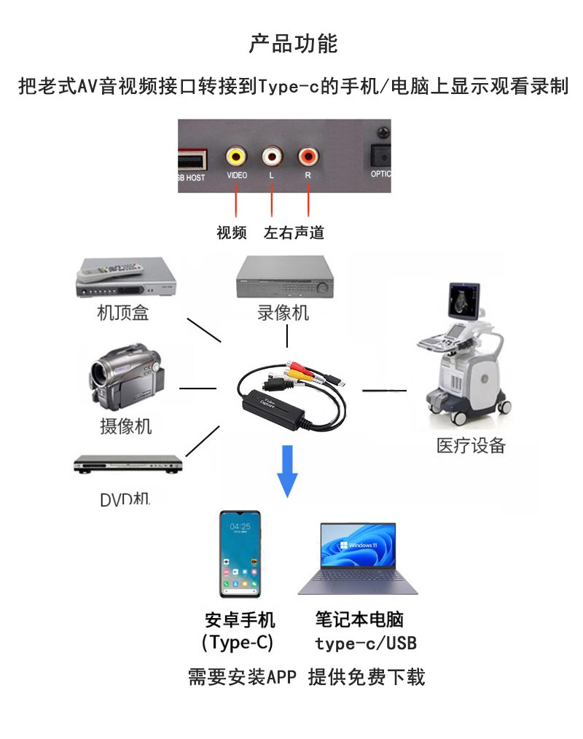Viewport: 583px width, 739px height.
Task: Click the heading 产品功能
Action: tap(293, 44)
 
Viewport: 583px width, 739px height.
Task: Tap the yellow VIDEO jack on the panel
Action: tap(236, 156)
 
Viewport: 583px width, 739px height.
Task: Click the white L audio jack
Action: tap(272, 156)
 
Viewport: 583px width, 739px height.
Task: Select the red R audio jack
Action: tap(308, 156)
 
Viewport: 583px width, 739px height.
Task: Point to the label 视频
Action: tap(232, 233)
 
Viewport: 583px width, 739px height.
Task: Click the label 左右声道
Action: tap(294, 233)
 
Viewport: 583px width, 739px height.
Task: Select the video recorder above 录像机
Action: tap(284, 278)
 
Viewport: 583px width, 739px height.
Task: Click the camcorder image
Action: tap(125, 378)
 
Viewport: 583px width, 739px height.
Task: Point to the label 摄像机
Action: tap(125, 426)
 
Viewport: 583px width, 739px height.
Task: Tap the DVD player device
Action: tap(128, 464)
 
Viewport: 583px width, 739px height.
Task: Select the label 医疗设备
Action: tap(471, 446)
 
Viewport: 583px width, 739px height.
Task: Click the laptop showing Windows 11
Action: tap(358, 558)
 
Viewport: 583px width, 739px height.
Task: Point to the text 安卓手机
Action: tap(240, 620)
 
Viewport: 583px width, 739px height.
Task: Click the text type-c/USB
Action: tap(366, 644)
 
